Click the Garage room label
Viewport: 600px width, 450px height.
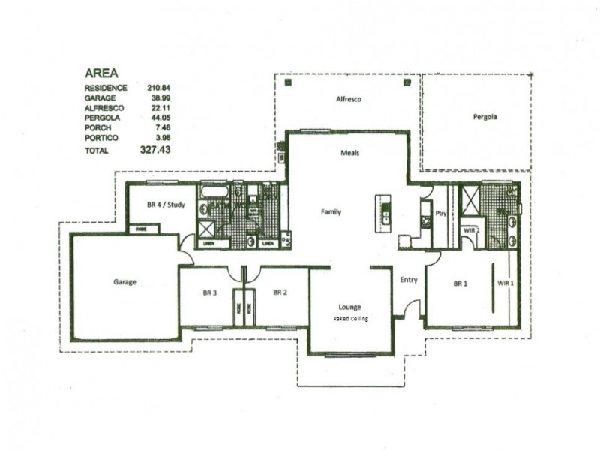pos(124,282)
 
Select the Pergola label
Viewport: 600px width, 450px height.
pos(484,117)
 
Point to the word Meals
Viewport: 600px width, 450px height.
pos(350,152)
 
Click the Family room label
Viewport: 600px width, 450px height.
pos(331,212)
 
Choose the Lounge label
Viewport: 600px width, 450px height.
pos(349,307)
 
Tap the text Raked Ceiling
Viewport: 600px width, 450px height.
pos(349,318)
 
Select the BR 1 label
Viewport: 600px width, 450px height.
pos(460,283)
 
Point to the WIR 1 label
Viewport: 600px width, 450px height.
pos(505,283)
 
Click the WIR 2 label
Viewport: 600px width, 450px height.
pos(471,229)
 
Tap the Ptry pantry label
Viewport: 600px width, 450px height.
pos(442,212)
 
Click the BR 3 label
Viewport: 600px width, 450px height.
pos(209,292)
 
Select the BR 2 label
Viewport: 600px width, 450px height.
pos(280,292)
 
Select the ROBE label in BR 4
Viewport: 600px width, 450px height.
pos(140,229)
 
